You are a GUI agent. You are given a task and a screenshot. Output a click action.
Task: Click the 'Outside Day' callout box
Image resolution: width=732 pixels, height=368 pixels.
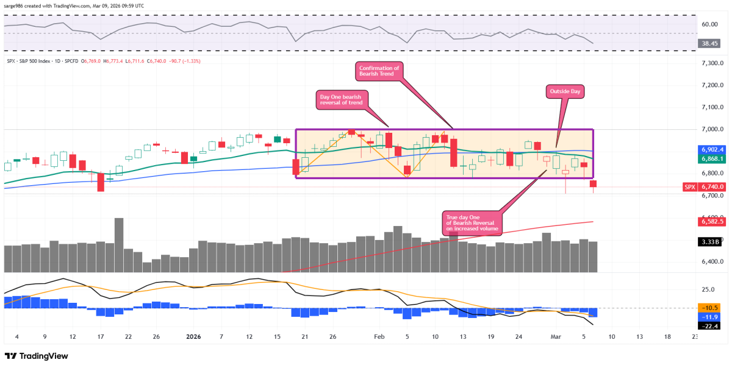click(x=565, y=91)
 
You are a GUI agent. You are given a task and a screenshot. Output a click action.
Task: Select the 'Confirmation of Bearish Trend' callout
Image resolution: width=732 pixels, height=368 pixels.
click(x=379, y=72)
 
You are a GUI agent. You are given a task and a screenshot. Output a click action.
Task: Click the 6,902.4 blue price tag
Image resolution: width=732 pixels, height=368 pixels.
click(x=712, y=149)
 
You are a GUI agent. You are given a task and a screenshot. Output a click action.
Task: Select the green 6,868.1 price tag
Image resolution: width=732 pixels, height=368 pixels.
click(x=712, y=158)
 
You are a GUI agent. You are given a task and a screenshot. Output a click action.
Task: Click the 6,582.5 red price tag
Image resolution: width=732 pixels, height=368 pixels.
click(x=712, y=222)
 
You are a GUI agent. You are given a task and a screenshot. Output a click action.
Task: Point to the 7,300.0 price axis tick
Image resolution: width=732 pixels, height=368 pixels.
click(x=712, y=63)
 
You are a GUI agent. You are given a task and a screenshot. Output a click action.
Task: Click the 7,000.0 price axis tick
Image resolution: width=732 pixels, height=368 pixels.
click(x=712, y=129)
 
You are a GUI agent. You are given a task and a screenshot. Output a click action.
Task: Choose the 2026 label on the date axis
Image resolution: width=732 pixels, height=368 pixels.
click(x=193, y=336)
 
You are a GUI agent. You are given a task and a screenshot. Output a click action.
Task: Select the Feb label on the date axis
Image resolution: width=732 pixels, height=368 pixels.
click(x=379, y=336)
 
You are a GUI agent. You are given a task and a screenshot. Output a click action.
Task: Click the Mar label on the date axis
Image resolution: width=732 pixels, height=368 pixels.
click(x=556, y=336)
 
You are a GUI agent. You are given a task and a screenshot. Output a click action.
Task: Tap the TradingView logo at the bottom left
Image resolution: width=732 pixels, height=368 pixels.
click(x=37, y=356)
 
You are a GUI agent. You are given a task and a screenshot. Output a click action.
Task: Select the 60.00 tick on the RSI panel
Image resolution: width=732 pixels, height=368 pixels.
click(x=709, y=25)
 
